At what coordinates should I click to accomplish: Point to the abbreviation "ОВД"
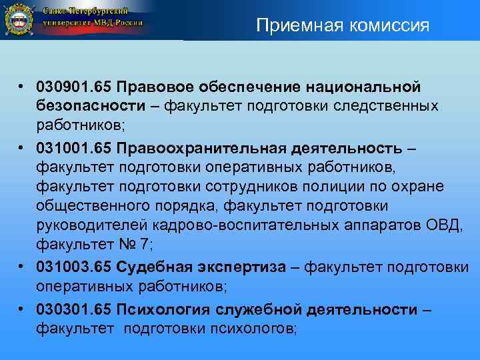pos(446,225)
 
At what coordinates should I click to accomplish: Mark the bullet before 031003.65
pos(22,267)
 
